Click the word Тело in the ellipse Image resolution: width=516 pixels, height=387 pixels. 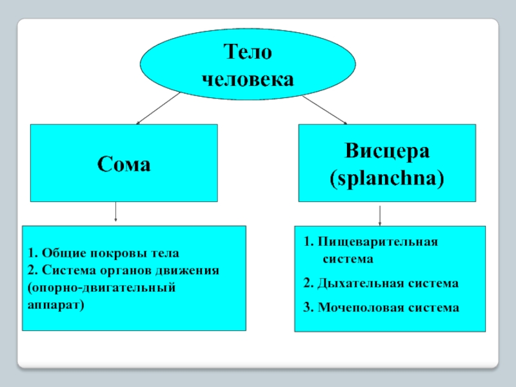[248, 52]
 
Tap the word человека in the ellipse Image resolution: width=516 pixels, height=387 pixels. [248, 80]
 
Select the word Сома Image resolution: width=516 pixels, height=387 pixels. [124, 164]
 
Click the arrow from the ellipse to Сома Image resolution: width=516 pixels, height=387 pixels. [158, 108]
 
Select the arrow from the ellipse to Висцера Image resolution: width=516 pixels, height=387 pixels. [325, 110]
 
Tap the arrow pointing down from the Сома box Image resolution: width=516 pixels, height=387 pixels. [115, 212]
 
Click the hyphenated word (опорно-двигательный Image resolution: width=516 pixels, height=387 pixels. [101, 286]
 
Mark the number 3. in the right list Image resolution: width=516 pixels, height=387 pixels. [307, 308]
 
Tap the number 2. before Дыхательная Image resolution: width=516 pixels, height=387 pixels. [307, 283]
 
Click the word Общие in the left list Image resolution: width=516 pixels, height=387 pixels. [57, 253]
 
